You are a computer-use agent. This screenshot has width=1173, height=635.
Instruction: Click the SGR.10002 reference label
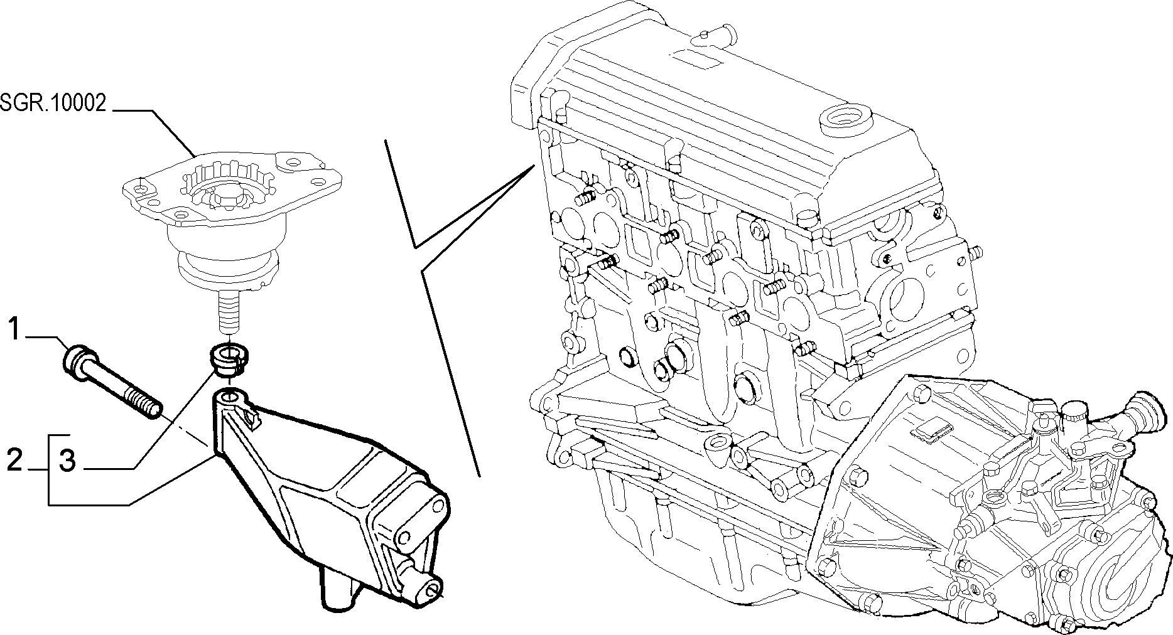click(x=53, y=103)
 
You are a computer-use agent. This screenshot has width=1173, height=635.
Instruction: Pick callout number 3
click(x=67, y=461)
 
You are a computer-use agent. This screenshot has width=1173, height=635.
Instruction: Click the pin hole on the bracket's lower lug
click(x=433, y=589)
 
